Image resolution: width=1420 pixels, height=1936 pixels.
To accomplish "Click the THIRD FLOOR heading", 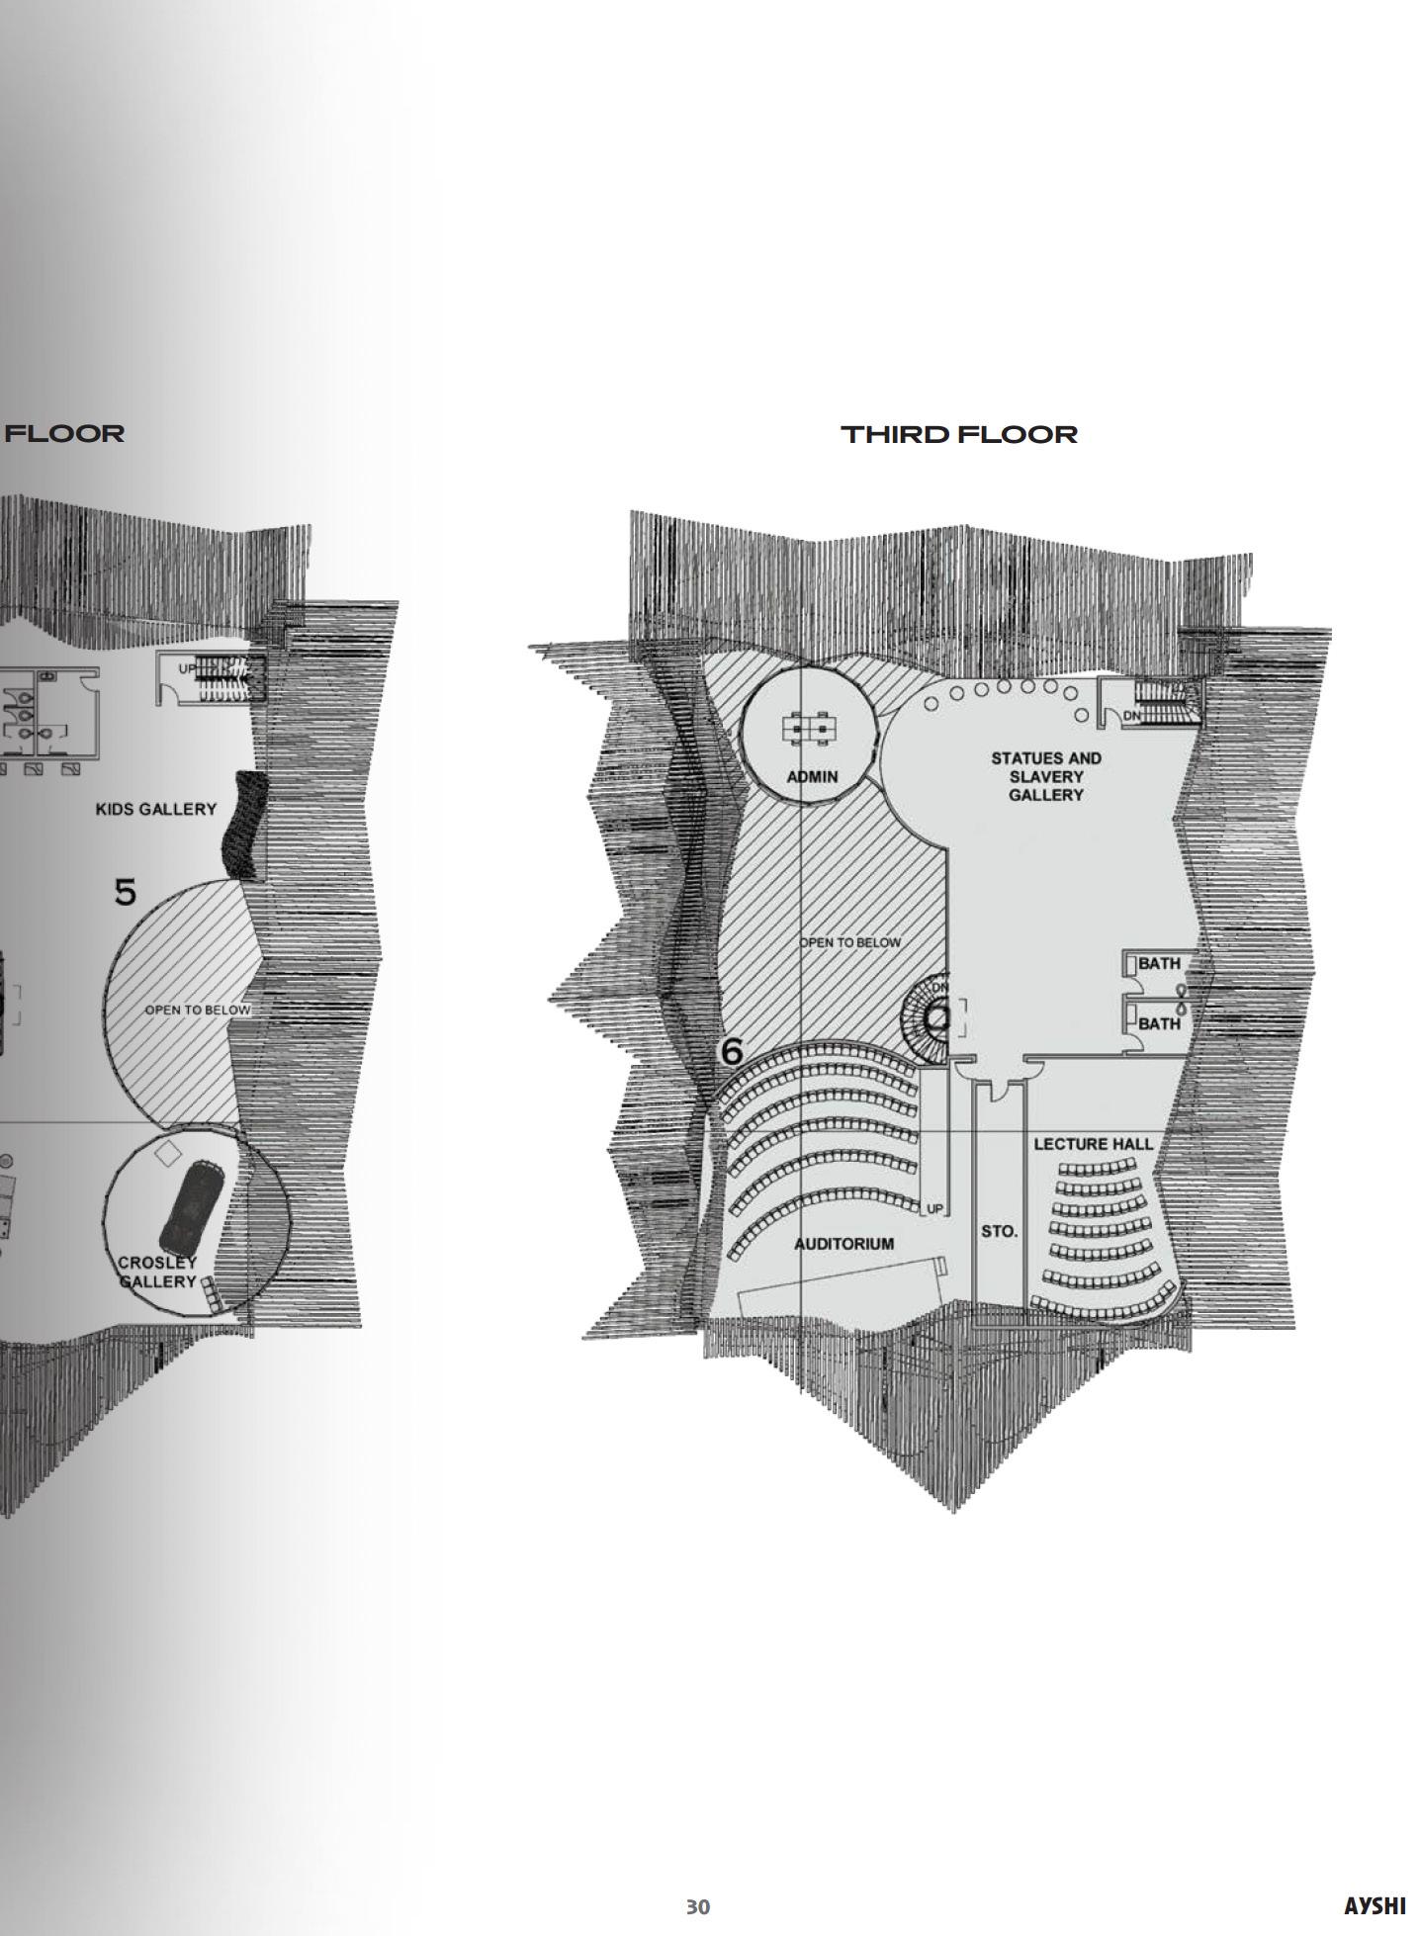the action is point(958,434).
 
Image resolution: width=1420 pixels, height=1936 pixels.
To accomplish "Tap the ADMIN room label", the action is point(812,776).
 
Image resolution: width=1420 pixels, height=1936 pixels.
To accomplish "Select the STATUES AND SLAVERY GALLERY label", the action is point(1046,776).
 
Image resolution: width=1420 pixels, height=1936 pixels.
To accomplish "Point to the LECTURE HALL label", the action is point(1093,1144).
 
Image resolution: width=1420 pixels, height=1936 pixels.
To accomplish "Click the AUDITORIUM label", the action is point(844,1244).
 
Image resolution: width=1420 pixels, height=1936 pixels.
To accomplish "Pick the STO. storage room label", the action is point(999,1231).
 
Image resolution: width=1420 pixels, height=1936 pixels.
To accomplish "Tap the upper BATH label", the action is point(1158,963).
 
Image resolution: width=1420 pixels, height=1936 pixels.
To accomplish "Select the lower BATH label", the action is point(1158,1023).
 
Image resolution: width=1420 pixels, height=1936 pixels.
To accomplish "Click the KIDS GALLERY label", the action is point(156,809).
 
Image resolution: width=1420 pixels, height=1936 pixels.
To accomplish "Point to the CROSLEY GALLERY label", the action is point(157,1272).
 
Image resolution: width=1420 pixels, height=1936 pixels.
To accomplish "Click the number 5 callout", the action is point(126,893).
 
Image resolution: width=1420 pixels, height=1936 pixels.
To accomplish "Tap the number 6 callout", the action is point(732,1052).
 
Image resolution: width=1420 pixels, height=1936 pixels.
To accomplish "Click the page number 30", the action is point(698,1906).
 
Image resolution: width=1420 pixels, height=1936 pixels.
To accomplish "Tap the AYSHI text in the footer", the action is point(1375,1906).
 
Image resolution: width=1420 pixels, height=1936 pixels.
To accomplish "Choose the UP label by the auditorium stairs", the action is point(934,1209).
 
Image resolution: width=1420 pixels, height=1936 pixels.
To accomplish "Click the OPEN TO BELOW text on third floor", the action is point(850,942).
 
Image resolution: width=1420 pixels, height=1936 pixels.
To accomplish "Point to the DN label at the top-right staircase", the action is point(1132,715).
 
